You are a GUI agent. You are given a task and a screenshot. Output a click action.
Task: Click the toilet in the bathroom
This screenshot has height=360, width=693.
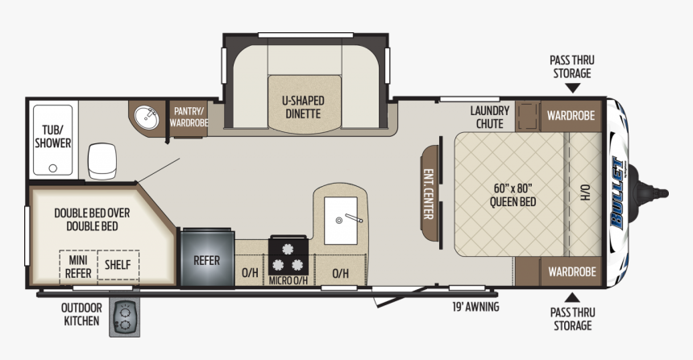tap(102, 161)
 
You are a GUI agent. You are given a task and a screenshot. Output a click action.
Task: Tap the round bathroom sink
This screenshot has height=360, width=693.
tap(147, 118)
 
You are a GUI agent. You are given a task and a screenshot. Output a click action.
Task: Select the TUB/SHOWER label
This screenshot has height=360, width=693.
tap(53, 136)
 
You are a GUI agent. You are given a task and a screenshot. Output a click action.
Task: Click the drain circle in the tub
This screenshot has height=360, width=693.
tap(53, 168)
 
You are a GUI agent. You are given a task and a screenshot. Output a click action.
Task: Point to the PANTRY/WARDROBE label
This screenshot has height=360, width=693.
tap(189, 117)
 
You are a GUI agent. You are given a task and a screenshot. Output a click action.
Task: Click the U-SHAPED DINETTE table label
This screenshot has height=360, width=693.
tap(303, 107)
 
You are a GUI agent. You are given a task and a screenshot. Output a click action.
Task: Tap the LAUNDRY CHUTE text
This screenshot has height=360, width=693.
tap(490, 117)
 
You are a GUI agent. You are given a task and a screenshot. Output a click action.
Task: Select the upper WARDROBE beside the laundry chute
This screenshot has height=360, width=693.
tap(571, 116)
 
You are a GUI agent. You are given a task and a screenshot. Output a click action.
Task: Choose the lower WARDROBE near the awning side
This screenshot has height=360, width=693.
tap(572, 271)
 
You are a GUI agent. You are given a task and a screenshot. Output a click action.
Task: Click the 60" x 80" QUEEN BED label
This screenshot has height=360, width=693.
tap(512, 195)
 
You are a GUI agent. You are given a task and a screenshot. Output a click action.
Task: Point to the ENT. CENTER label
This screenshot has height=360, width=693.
tap(428, 193)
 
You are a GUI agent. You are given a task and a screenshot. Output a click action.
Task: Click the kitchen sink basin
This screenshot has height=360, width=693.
tap(341, 221)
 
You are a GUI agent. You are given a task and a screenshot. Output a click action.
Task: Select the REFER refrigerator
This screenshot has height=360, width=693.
tap(207, 259)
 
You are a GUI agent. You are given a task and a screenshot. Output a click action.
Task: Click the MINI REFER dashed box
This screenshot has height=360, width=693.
tap(78, 267)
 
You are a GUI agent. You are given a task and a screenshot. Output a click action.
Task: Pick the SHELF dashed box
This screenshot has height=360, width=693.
tap(118, 265)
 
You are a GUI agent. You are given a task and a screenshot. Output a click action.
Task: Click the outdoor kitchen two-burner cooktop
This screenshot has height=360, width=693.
tap(124, 317)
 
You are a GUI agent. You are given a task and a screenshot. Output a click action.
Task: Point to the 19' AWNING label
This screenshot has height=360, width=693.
tap(475, 307)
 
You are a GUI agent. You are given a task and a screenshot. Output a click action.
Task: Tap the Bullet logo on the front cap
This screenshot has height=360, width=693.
tap(618, 193)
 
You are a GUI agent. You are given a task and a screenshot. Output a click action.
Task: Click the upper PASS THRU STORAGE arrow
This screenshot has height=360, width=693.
tap(572, 89)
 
